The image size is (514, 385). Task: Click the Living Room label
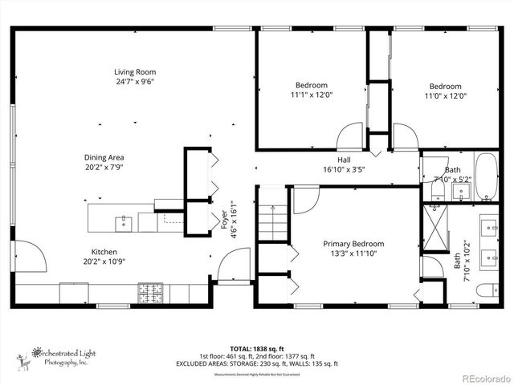[134, 72]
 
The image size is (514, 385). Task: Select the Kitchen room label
[104, 251]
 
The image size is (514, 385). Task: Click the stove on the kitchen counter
[149, 293]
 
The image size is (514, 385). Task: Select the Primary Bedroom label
[353, 244]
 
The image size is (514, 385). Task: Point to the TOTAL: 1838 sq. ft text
[257, 349]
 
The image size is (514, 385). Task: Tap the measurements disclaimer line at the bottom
[257, 372]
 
